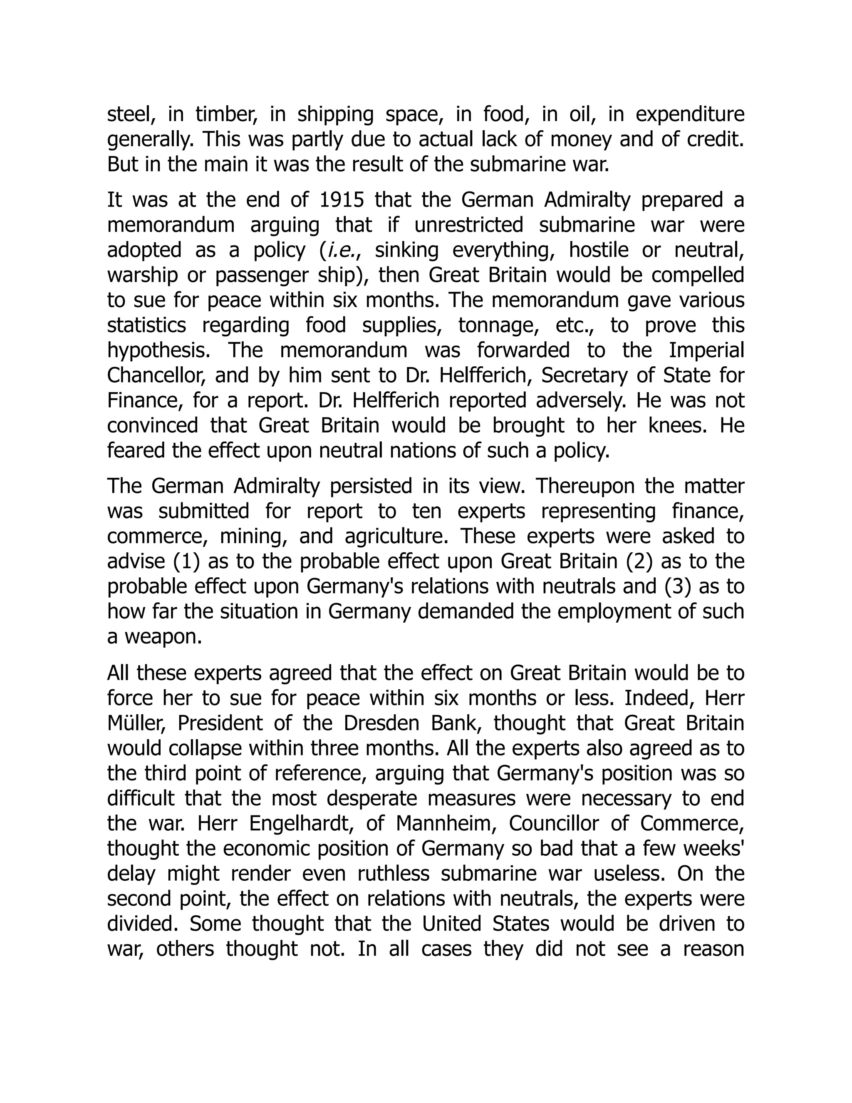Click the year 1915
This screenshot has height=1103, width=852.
(x=342, y=200)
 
